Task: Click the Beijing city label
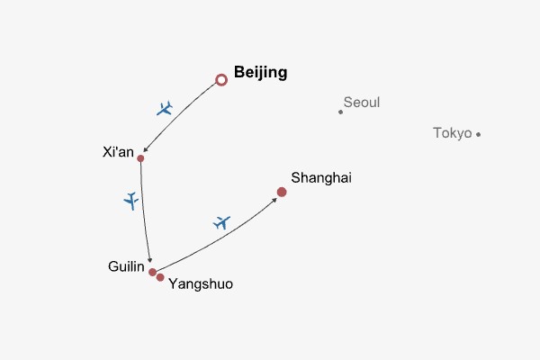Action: (260, 73)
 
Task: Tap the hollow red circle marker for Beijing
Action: (221, 80)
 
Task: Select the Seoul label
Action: (362, 103)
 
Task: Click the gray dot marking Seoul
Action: (340, 112)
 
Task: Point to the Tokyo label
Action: (452, 133)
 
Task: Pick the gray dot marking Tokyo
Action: (478, 134)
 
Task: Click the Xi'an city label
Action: (119, 151)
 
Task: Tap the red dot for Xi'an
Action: (140, 158)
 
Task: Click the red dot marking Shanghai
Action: (282, 192)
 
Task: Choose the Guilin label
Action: (125, 266)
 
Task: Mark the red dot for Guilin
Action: (153, 272)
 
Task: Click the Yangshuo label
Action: (201, 283)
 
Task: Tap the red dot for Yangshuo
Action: (160, 277)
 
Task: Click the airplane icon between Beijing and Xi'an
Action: (164, 109)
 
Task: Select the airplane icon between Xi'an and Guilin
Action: (131, 200)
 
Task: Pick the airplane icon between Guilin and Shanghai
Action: (222, 221)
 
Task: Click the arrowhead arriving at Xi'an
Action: (146, 152)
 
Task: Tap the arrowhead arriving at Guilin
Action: (150, 262)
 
